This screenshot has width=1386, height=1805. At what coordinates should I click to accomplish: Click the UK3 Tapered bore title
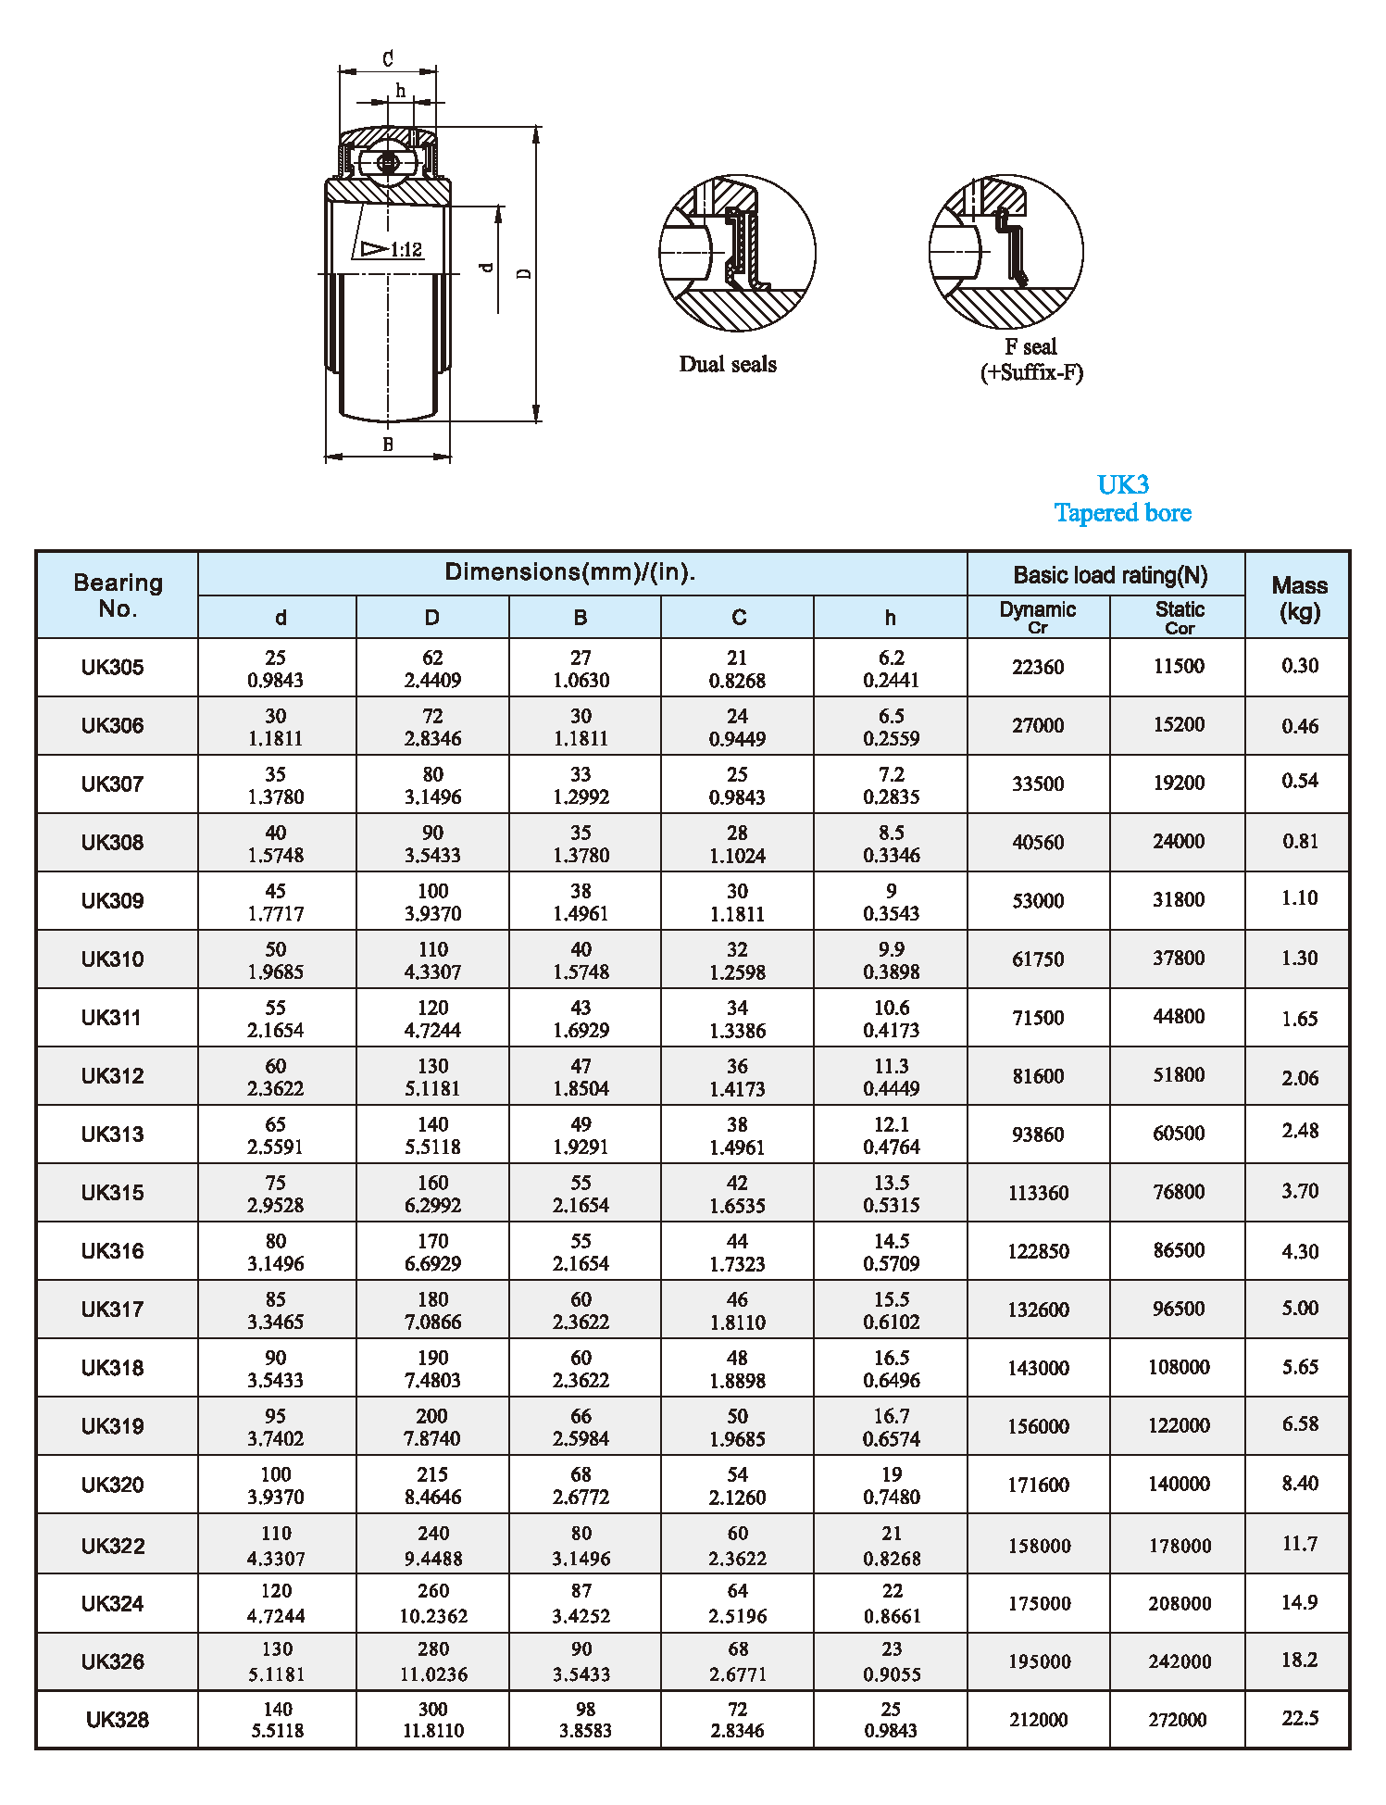click(1122, 499)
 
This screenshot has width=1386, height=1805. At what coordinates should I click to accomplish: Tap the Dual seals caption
click(728, 364)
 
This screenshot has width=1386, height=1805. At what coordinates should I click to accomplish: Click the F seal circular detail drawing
click(1005, 252)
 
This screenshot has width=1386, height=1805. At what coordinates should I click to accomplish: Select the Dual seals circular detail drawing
click(737, 253)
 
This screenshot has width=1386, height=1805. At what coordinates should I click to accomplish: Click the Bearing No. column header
click(118, 595)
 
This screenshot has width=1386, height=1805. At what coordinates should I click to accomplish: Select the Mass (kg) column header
click(1299, 597)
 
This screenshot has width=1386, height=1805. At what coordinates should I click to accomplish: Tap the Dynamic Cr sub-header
click(1038, 617)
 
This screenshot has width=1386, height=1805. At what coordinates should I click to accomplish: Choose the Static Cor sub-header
click(1180, 617)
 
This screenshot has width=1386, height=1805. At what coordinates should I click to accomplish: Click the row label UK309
click(113, 901)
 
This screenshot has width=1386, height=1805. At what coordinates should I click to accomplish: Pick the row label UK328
click(118, 1720)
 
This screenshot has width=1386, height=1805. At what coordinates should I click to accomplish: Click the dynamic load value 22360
click(1038, 667)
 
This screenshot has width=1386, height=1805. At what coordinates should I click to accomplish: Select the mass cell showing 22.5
click(1300, 1718)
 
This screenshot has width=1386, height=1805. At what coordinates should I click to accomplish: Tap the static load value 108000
click(1179, 1367)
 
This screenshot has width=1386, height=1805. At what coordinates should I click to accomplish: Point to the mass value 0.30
click(1300, 666)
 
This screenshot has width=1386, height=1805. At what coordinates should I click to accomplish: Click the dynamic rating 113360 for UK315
click(1038, 1193)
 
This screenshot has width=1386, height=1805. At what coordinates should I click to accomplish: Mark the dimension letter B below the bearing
click(388, 445)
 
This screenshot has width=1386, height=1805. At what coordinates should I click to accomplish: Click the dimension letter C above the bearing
click(388, 59)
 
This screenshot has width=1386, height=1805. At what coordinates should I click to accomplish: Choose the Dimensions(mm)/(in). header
click(570, 572)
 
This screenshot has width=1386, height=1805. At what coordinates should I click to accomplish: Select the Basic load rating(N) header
click(1110, 575)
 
